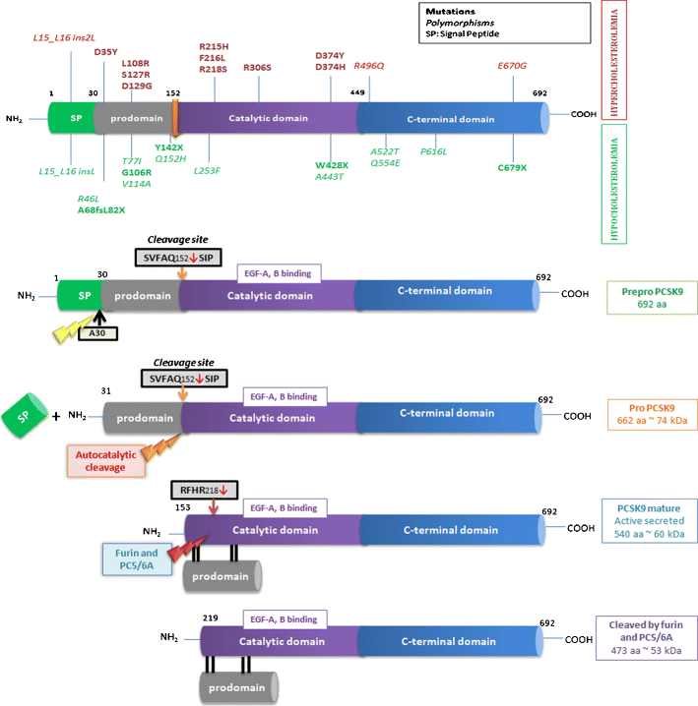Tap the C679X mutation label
point(512,168)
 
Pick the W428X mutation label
point(332,165)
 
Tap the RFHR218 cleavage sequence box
point(204,490)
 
